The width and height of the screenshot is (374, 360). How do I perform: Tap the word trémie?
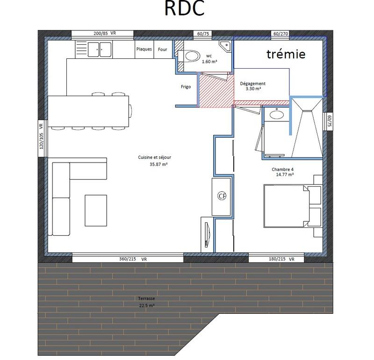point(286,54)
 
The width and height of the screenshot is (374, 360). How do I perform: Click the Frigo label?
point(186,87)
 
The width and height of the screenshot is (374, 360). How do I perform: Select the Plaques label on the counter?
point(144,49)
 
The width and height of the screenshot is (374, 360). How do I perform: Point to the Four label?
point(163,49)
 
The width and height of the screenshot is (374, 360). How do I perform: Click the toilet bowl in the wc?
point(191,56)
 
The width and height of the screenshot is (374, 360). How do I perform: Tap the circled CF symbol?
point(222,197)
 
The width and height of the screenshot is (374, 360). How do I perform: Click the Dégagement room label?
point(253,84)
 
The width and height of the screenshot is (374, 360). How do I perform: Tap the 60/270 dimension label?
point(280,34)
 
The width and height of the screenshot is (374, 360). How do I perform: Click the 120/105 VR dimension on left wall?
point(41,135)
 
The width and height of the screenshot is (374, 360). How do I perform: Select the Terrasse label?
point(146,298)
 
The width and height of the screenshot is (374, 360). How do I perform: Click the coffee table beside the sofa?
point(96,210)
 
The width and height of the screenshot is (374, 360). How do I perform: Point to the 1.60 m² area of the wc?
point(209,61)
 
